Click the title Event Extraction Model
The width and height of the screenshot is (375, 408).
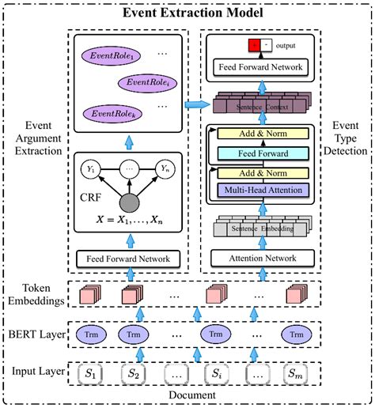(187, 11)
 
